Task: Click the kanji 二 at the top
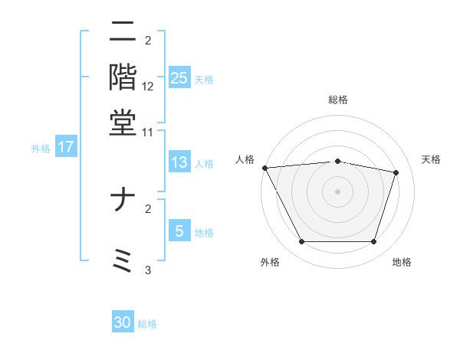pyautogui.click(x=123, y=32)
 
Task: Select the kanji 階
pyautogui.click(x=123, y=77)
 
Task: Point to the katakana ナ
pyautogui.click(x=123, y=201)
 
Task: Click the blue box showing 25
pyautogui.click(x=179, y=78)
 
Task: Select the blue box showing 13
pyautogui.click(x=179, y=162)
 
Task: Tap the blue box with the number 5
pyautogui.click(x=179, y=231)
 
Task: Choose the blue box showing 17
pyautogui.click(x=66, y=147)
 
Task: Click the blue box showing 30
pyautogui.click(x=123, y=322)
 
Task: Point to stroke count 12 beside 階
pyautogui.click(x=148, y=87)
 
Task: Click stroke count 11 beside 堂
pyautogui.click(x=148, y=132)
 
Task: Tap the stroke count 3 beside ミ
pyautogui.click(x=148, y=270)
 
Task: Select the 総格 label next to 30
pyautogui.click(x=147, y=324)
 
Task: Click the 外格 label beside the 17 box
pyautogui.click(x=41, y=149)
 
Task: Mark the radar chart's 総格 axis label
pyautogui.click(x=338, y=100)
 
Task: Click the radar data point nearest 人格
pyautogui.click(x=264, y=168)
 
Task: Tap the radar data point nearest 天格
pyautogui.click(x=396, y=172)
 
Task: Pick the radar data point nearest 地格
pyautogui.click(x=374, y=242)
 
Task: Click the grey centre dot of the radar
pyautogui.click(x=338, y=191)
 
